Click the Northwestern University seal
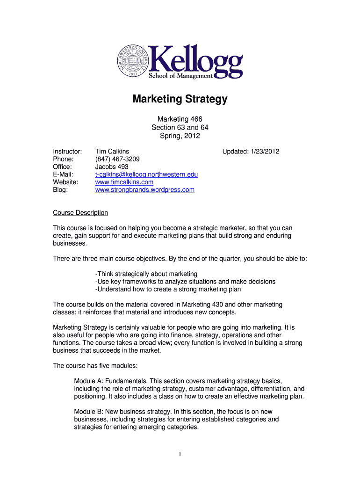point(132,61)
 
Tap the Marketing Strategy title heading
point(180,99)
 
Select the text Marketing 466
point(180,119)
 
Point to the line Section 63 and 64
point(180,127)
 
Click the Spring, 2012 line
point(180,136)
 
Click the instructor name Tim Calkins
point(112,151)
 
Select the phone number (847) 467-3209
point(117,159)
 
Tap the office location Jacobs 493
point(112,167)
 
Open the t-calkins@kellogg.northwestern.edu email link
point(146,174)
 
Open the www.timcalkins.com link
point(124,182)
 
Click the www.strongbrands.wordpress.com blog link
point(144,190)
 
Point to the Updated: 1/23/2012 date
point(251,151)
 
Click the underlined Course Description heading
point(80,213)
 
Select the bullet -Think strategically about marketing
point(146,274)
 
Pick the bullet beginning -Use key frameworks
point(185,282)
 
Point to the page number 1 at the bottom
point(180,453)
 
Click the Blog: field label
point(60,190)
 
